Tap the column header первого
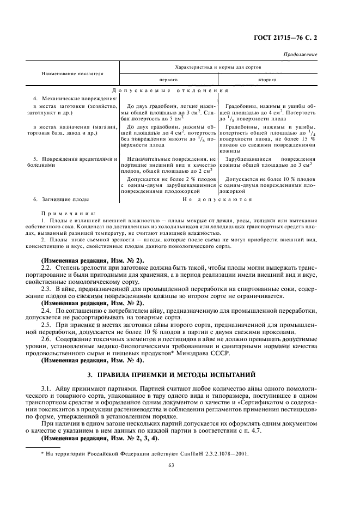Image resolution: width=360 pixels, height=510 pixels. [x=168, y=80]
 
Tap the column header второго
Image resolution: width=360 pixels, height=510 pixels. [x=267, y=80]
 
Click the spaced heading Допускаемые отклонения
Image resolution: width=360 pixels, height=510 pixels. [x=169, y=90]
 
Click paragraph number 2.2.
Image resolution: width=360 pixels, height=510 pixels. [x=48, y=269]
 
